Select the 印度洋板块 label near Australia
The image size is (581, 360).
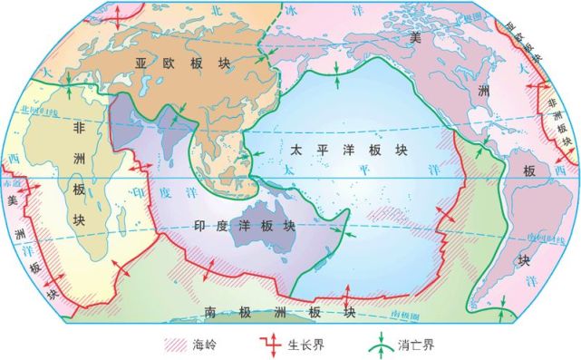click(244, 226)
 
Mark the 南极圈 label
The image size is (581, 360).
click(407, 311)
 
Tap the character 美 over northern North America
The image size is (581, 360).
click(416, 36)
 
